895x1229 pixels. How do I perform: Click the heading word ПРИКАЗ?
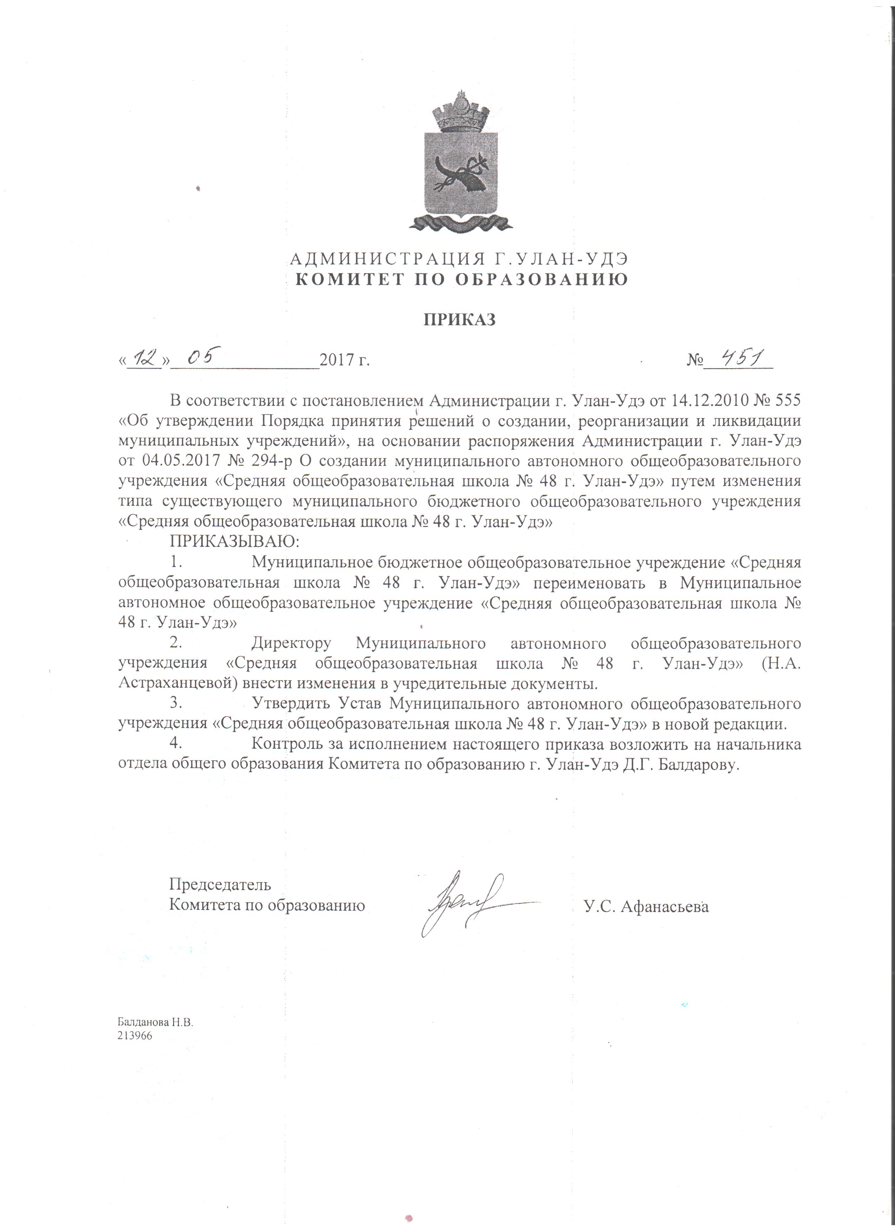point(459,320)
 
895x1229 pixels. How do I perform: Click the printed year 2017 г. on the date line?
point(345,360)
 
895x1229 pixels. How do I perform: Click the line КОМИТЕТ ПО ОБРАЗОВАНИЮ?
point(459,280)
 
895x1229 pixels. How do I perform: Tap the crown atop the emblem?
point(459,114)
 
